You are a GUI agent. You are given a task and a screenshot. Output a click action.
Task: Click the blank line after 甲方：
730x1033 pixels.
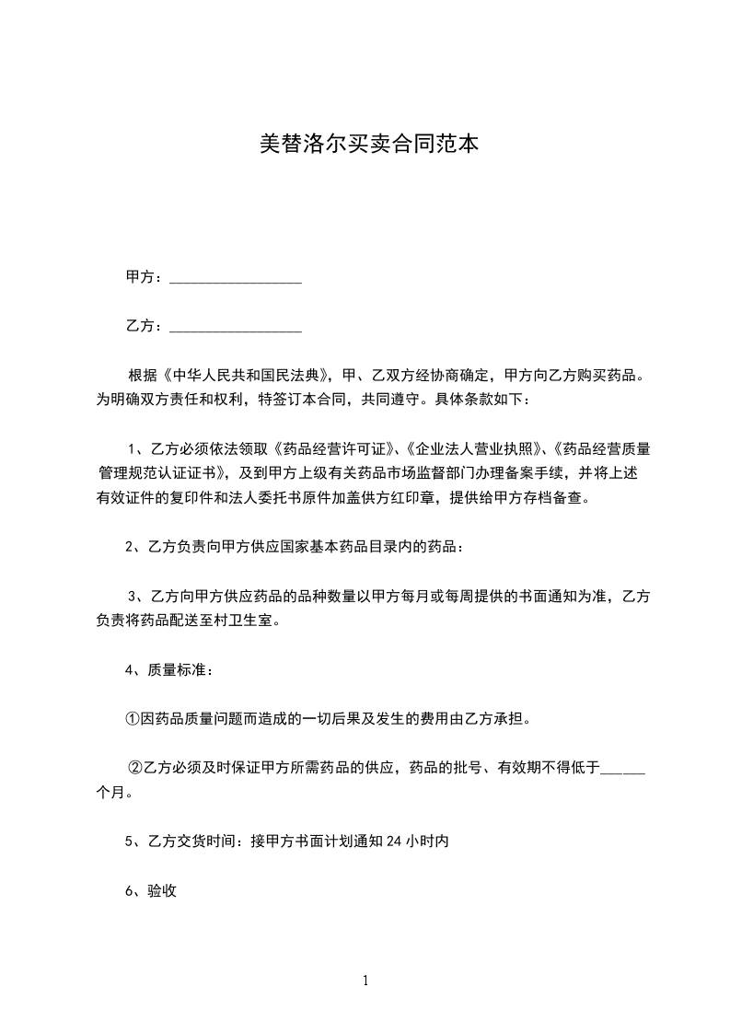click(236, 278)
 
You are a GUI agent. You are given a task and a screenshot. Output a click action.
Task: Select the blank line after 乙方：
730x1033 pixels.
click(236, 327)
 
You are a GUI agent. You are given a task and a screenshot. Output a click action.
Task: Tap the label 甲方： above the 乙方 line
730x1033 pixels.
click(145, 277)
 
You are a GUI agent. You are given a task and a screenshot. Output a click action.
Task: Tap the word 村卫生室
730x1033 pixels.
click(243, 620)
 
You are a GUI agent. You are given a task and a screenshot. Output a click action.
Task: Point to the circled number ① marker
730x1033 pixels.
click(133, 718)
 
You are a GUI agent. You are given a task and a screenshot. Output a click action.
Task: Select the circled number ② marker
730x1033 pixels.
click(134, 767)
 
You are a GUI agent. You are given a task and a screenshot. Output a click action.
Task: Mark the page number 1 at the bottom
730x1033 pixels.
click(365, 981)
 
